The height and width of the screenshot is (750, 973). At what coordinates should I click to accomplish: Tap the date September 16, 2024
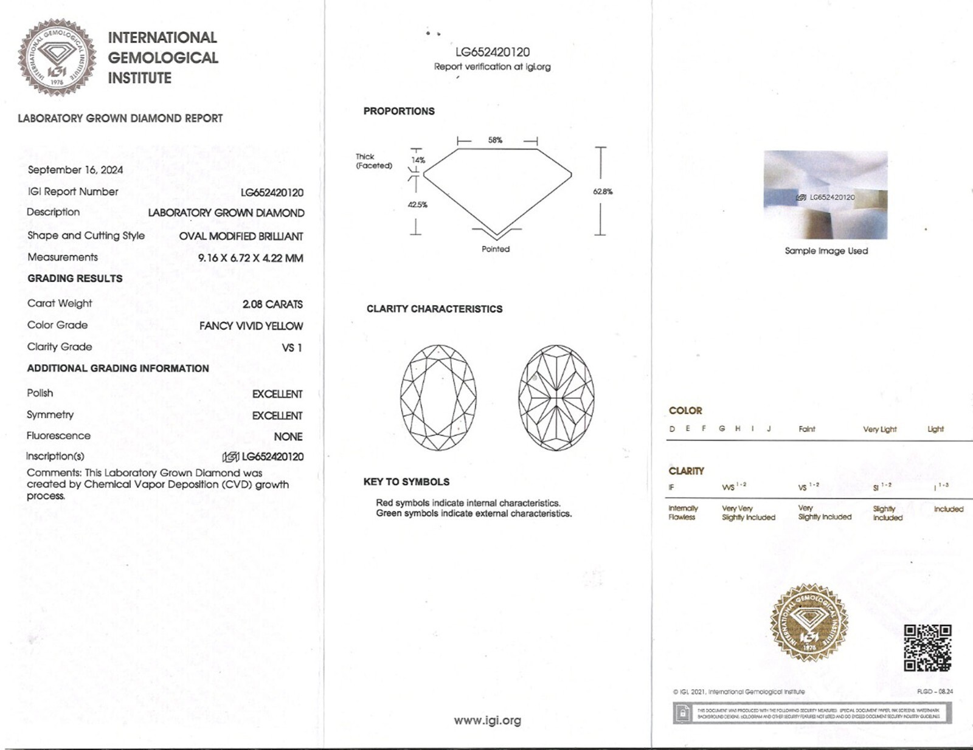pos(75,170)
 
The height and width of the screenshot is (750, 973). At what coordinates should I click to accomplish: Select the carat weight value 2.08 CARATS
pos(272,304)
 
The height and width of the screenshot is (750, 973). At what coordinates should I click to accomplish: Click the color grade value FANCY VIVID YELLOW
pos(251,326)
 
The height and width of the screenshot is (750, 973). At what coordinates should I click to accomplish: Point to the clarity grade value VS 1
pos(292,348)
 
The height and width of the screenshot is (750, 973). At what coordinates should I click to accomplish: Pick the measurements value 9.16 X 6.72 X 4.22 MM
pos(250,258)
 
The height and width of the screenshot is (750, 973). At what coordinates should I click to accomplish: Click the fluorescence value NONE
pos(288,436)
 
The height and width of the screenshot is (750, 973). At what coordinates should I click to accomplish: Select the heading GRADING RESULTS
pos(75,278)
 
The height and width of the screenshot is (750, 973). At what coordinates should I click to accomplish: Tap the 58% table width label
pos(495,140)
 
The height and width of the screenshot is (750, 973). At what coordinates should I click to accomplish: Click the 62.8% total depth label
pos(603,191)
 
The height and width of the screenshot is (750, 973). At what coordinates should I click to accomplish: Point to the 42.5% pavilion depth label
pos(417,205)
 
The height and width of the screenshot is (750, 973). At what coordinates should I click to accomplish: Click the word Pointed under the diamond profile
pos(496,249)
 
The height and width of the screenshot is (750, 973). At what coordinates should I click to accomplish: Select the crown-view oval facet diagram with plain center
pos(438,397)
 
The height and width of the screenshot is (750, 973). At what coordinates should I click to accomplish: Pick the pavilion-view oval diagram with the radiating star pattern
pos(556,397)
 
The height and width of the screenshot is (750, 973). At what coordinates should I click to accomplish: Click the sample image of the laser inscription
pos(825,195)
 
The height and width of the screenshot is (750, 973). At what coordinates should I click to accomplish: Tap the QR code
pos(927,648)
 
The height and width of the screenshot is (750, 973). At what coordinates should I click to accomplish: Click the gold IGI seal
pos(809,623)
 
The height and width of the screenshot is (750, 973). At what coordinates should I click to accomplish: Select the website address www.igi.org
pos(487,721)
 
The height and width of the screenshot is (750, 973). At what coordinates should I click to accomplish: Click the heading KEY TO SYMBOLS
pos(406,482)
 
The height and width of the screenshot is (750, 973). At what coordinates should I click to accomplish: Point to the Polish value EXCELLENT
pos(277,394)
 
